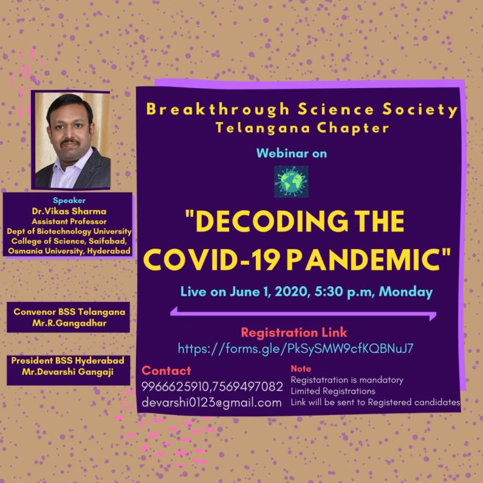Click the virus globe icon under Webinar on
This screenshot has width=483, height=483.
[291, 182]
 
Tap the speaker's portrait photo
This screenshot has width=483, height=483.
[73, 140]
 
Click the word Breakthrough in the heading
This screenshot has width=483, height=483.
[218, 109]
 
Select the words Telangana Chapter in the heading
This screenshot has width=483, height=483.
[302, 128]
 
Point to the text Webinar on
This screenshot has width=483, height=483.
[291, 153]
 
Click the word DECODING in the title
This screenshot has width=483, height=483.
[268, 221]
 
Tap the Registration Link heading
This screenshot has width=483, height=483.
[294, 332]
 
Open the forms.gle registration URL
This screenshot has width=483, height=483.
[296, 348]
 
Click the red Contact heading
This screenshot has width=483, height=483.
[166, 370]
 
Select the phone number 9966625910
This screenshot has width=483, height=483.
[175, 387]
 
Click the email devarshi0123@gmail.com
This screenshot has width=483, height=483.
[211, 402]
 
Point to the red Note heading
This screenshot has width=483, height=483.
[301, 369]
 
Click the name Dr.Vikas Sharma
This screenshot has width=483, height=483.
[69, 211]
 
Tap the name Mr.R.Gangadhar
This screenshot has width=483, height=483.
[69, 323]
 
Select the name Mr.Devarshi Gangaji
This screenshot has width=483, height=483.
[68, 372]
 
